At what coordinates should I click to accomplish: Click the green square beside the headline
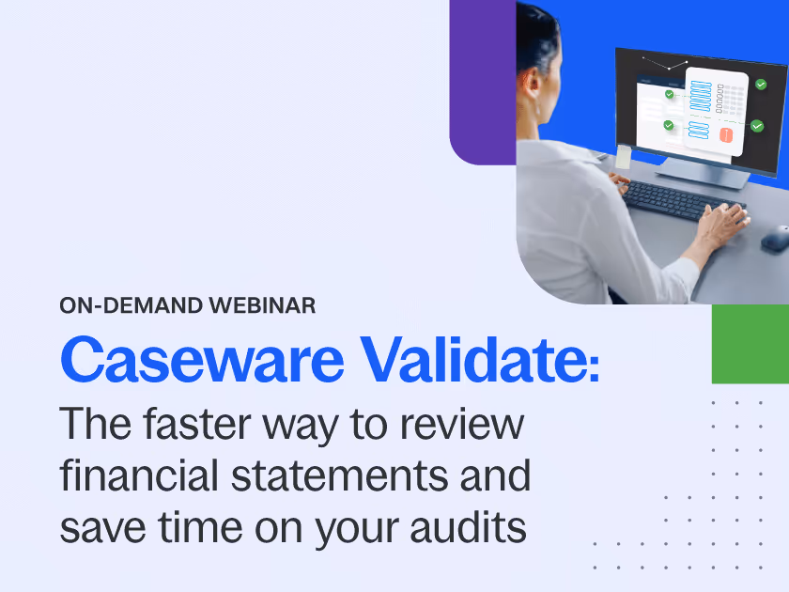click(x=750, y=344)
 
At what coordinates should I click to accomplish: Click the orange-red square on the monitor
click(x=725, y=135)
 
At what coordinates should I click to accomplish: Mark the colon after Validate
click(x=593, y=368)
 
